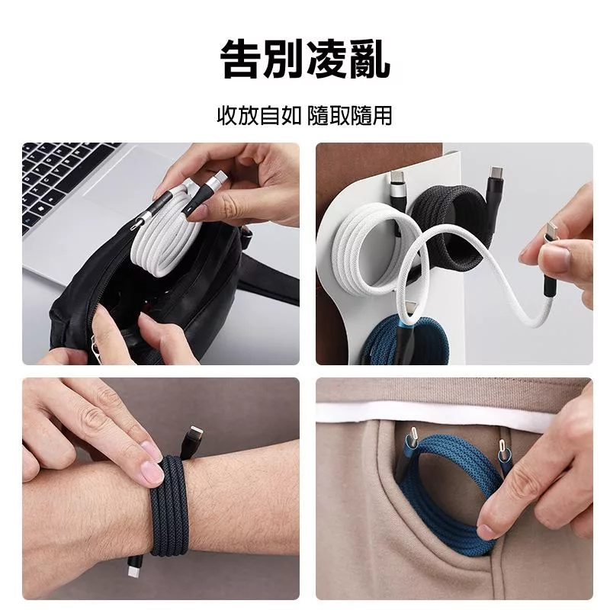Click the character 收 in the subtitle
click(227, 116)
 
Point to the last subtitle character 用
click(382, 116)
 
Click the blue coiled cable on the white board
click(405, 342)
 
